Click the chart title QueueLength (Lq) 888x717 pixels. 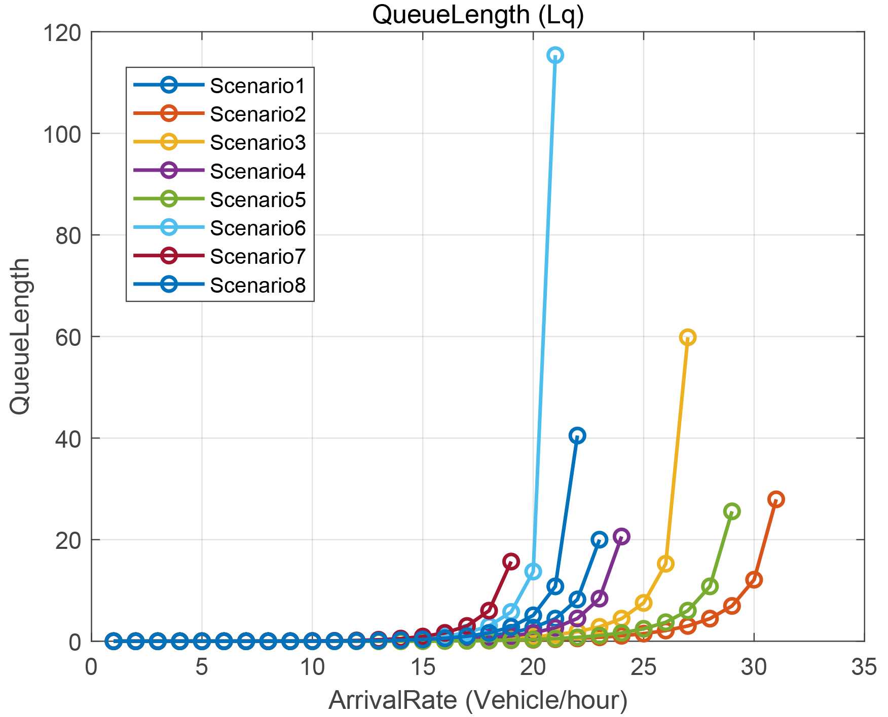pos(477,15)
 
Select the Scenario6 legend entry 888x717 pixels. pos(257,228)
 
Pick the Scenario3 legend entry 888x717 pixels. pos(257,143)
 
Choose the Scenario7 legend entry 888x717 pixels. pos(257,257)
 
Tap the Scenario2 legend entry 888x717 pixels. pos(257,114)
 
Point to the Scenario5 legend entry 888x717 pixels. pos(257,200)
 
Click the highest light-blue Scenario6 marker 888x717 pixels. pos(555,55)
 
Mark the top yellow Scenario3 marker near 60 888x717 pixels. pos(687,337)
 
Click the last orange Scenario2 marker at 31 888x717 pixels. pos(775,499)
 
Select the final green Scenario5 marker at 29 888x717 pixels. pos(731,511)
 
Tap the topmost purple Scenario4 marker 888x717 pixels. pos(621,536)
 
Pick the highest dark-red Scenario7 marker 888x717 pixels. pos(511,561)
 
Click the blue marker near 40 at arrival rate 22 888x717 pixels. pos(577,435)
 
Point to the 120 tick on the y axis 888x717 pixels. pos(62,33)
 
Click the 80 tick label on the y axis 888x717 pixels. pos(68,236)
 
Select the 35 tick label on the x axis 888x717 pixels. pos(864,668)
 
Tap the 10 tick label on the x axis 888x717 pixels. pos(312,668)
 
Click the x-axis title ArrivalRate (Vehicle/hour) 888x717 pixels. pos(477,701)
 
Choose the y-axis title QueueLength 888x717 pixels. pos(21,336)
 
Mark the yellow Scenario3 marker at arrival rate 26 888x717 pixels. pos(665,564)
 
